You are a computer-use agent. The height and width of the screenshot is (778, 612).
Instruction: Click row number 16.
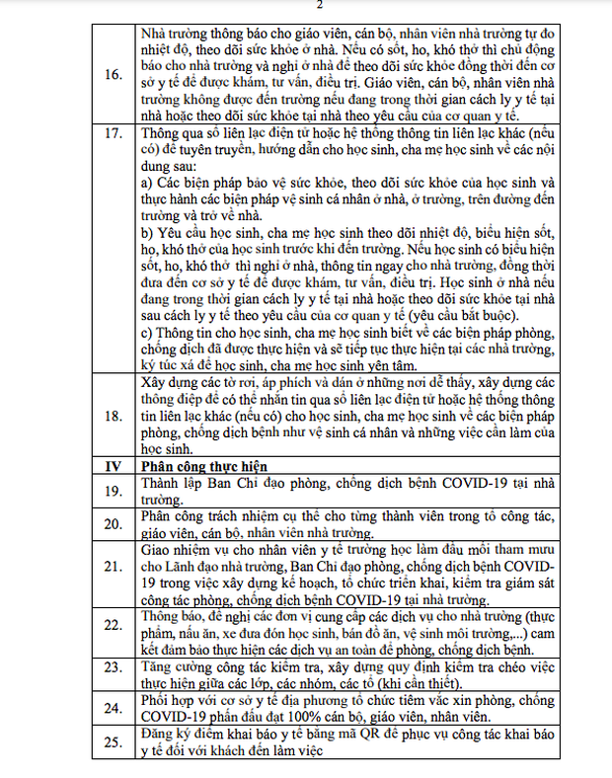[113, 73]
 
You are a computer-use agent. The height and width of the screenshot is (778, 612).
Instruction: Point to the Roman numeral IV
[113, 463]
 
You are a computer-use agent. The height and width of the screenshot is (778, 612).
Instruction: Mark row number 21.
[113, 566]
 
